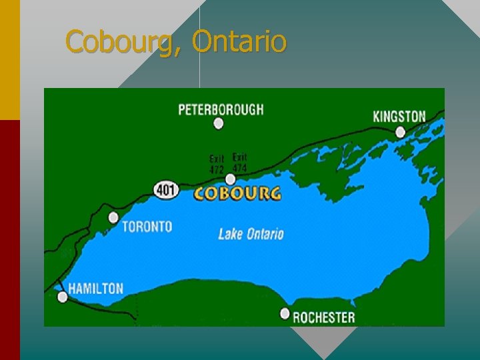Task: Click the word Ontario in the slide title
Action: coord(239,41)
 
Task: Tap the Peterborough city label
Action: coord(221,109)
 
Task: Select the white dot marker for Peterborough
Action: coord(218,123)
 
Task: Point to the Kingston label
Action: coord(399,116)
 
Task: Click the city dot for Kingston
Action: coord(400,132)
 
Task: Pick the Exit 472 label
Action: coord(217,165)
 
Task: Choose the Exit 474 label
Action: coord(239,163)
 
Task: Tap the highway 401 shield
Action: coord(166,190)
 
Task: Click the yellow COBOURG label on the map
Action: coord(237,194)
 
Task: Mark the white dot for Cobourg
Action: coord(230,179)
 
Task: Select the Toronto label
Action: coord(147,227)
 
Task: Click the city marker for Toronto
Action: coord(113,217)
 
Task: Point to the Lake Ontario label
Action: coord(251,234)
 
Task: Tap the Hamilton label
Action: coord(96,289)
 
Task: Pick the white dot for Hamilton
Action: coord(63,297)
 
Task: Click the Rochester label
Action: coord(324,317)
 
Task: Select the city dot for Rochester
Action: coord(285,313)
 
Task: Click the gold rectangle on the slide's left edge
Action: coord(10,60)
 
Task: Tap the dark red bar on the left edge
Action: coord(10,240)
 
